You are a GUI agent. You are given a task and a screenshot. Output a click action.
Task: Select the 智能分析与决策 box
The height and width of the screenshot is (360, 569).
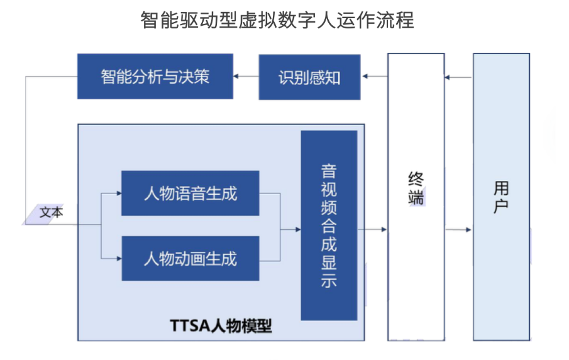[155, 77]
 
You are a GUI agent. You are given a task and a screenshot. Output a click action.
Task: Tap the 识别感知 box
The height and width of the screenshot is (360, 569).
[309, 77]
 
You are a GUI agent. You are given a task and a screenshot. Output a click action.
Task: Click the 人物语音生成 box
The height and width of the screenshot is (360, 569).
[190, 193]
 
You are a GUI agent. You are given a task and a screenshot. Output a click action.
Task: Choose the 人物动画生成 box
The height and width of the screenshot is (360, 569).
[190, 258]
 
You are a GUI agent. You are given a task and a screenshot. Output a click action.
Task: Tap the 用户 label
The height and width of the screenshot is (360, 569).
[501, 197]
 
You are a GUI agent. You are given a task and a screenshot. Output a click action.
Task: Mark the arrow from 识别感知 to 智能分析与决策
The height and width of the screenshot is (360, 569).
[246, 77]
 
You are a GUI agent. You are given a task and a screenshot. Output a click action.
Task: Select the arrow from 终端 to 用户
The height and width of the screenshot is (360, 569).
[458, 230]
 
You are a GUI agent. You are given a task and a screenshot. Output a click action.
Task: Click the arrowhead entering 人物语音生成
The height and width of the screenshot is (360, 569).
[118, 193]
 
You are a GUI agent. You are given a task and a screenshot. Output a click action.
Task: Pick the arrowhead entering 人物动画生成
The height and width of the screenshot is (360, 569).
[118, 258]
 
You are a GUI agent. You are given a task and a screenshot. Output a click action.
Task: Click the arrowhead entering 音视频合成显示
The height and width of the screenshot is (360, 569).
[297, 229]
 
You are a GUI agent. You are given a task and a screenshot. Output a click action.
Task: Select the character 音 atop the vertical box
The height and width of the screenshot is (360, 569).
[329, 171]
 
